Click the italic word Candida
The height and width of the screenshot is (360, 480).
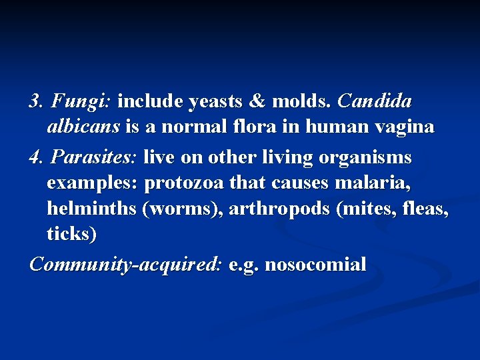pyautogui.click(x=375, y=101)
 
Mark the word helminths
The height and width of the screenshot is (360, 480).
pyautogui.click(x=92, y=209)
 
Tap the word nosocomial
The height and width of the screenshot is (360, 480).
pyautogui.click(x=315, y=265)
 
